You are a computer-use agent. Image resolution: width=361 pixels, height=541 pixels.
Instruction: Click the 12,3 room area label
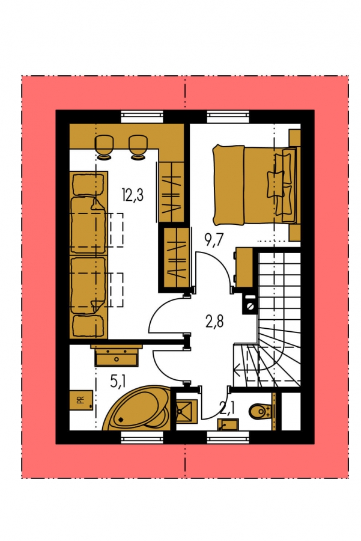click(x=132, y=195)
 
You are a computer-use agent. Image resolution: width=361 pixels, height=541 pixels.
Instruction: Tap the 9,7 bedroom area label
click(x=214, y=239)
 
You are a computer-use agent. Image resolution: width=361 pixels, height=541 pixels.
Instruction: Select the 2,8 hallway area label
click(x=214, y=321)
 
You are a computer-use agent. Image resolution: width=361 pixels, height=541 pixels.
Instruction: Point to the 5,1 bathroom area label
click(x=118, y=382)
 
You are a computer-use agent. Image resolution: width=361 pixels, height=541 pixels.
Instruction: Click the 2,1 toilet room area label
click(x=227, y=409)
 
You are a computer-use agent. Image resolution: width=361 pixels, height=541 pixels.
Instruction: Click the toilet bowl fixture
click(x=259, y=411)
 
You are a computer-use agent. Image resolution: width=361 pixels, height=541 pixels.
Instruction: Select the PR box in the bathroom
click(x=81, y=400)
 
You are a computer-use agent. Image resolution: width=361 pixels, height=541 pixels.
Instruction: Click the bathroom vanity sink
click(x=117, y=355)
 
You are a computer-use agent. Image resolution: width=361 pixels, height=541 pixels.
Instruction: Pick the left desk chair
click(x=103, y=148)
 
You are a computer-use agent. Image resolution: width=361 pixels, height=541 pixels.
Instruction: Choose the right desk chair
click(x=138, y=148)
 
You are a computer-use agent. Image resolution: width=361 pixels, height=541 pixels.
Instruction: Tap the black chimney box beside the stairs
click(x=250, y=304)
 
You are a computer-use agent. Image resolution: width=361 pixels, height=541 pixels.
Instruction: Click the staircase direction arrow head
click(x=237, y=371)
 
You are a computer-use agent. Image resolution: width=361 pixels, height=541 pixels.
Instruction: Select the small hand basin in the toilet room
click(x=228, y=424)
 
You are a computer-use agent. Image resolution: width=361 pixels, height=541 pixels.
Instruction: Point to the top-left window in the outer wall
click(x=142, y=117)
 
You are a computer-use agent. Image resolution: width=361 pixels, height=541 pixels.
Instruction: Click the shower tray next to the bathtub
click(x=187, y=411)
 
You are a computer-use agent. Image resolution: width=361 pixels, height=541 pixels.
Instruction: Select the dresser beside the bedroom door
click(x=244, y=267)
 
